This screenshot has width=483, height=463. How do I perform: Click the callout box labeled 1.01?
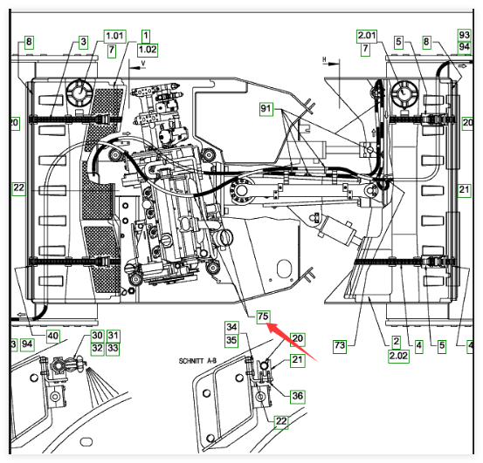(x=115, y=37)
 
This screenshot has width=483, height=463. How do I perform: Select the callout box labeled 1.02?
(x=148, y=50)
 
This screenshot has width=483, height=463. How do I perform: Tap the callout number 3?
(x=83, y=42)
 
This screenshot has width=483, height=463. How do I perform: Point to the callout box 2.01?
(x=367, y=36)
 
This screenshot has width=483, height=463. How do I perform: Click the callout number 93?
(x=464, y=35)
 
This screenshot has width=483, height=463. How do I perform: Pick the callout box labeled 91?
(x=266, y=109)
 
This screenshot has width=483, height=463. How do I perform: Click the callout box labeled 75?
(x=264, y=317)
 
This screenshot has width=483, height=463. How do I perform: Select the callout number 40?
(x=53, y=336)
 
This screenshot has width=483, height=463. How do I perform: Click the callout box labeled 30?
(x=97, y=336)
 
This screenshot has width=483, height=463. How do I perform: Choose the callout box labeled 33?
(x=113, y=349)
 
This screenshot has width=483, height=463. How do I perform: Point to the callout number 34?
(x=231, y=327)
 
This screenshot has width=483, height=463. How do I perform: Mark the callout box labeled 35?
(x=231, y=341)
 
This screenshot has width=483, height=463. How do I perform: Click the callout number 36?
(x=298, y=396)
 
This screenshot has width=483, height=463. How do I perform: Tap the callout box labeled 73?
(x=340, y=346)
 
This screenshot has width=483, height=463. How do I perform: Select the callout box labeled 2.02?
(x=398, y=356)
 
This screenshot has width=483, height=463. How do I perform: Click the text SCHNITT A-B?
(x=197, y=361)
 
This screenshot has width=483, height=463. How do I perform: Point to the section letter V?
(x=143, y=63)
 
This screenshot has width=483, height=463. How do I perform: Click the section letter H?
(x=325, y=58)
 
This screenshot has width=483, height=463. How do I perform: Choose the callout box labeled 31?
(x=113, y=336)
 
